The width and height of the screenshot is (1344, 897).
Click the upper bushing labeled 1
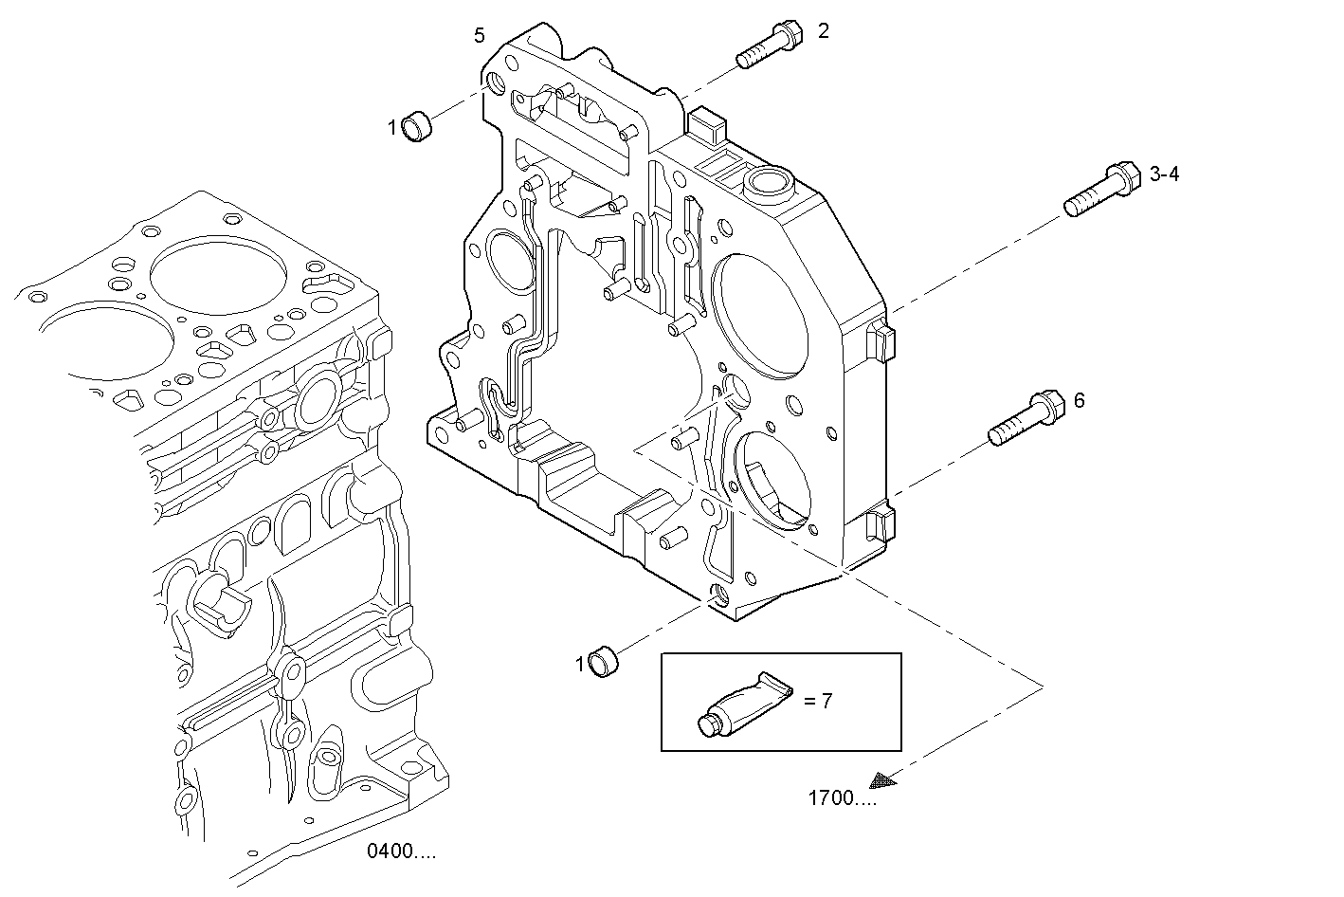pos(418,126)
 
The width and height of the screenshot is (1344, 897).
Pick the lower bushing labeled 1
pos(603,661)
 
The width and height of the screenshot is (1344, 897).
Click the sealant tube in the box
pos(747,704)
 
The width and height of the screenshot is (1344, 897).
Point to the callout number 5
pos(480,36)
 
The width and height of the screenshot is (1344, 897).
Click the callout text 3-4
pos(1164,174)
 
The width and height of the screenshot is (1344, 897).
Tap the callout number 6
pos(1079,401)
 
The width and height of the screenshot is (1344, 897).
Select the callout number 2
pos(824,31)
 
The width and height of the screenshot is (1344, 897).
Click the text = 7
pos(818,702)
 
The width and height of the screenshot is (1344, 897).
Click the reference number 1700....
pos(842,798)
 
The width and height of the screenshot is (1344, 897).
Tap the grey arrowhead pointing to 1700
pos(883,779)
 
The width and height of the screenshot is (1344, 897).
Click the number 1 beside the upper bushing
pos(391,127)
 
